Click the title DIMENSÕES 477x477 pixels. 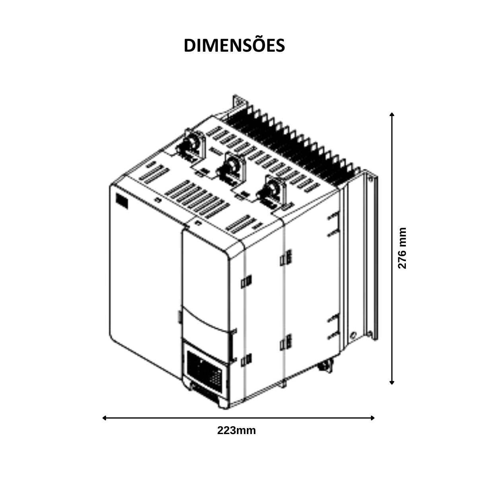point(234,45)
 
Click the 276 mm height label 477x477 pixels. point(402,248)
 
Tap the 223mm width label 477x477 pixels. point(237,430)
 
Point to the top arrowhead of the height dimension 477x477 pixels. point(392,114)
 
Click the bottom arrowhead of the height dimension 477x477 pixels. point(392,382)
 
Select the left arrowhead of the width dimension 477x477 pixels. point(104,418)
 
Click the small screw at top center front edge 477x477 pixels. point(198,222)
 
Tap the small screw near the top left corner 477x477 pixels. point(157,200)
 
